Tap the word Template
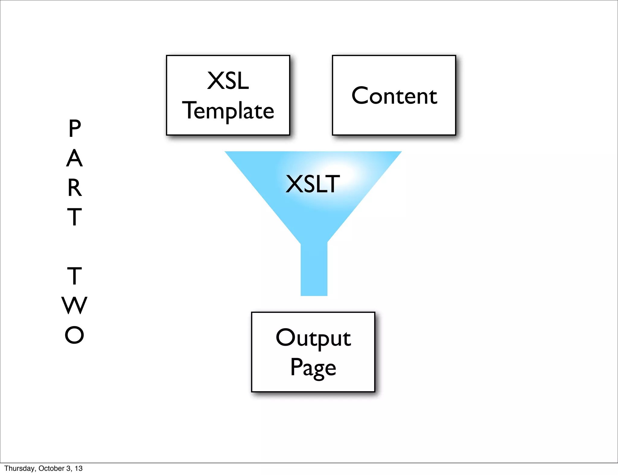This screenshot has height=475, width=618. (x=228, y=111)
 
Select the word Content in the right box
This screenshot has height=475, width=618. (x=394, y=96)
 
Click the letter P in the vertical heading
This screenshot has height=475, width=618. (x=75, y=128)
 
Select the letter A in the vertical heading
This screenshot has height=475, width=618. (x=74, y=158)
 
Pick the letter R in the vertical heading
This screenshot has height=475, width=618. (x=75, y=187)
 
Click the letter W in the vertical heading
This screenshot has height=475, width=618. (x=74, y=305)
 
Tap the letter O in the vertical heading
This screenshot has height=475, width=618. (x=74, y=335)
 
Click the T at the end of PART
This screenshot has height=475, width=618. (x=74, y=217)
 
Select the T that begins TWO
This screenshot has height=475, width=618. (x=74, y=276)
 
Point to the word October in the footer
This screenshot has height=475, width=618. (x=51, y=468)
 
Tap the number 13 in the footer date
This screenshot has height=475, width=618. (x=79, y=468)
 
